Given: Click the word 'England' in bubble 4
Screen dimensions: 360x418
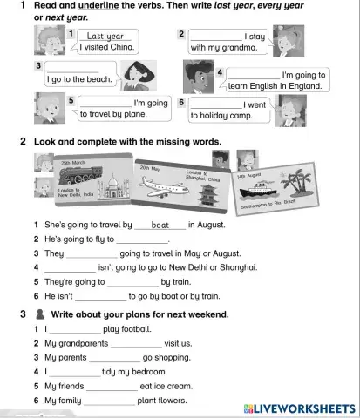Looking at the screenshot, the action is click(304, 87).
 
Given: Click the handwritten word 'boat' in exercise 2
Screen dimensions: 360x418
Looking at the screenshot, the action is click(160, 225).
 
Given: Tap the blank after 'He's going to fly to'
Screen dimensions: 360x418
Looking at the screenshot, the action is click(142, 239).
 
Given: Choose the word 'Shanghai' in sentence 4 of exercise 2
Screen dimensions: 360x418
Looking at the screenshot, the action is click(239, 267).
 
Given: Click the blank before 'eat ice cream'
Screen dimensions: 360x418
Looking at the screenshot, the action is click(112, 386).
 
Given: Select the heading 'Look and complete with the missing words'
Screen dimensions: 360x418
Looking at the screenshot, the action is click(126, 141).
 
